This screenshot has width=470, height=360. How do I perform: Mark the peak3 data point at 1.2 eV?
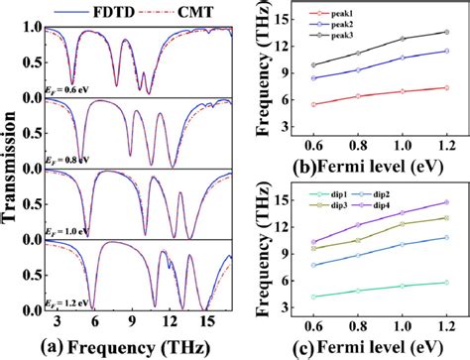click(x=445, y=32)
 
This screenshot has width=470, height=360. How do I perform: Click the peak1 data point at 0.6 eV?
click(x=314, y=104)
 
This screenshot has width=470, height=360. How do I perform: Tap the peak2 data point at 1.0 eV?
click(x=402, y=58)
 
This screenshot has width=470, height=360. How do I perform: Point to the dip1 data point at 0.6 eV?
click(x=314, y=296)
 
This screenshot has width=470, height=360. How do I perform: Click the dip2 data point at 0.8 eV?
click(x=358, y=254)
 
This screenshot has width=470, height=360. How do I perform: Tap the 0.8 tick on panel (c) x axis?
click(x=358, y=325)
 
